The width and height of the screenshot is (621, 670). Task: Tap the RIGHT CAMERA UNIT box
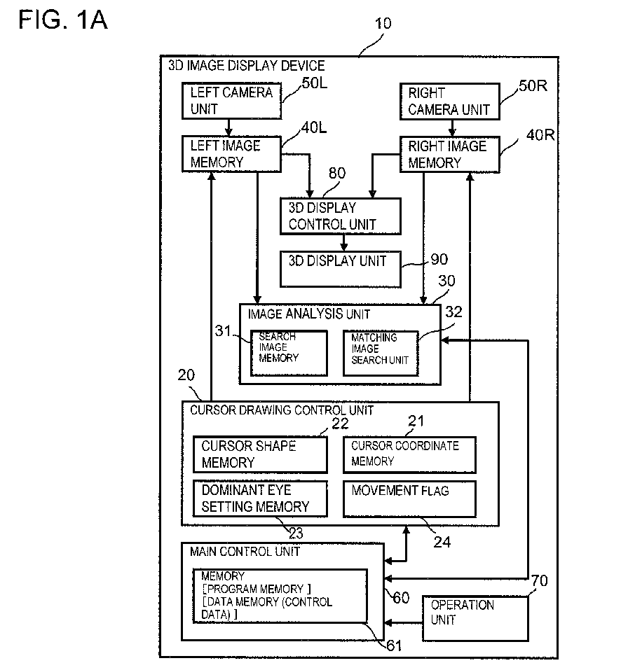[450, 101]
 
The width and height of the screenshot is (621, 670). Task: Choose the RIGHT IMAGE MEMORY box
[450, 154]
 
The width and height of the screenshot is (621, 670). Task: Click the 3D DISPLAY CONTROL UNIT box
[340, 216]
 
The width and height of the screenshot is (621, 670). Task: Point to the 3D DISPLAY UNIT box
[340, 269]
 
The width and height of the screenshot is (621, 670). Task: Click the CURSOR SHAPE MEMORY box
[260, 454]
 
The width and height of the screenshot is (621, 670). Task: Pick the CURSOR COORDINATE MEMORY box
[409, 454]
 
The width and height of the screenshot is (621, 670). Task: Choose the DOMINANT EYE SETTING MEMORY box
[260, 498]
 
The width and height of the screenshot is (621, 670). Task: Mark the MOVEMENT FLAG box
[409, 498]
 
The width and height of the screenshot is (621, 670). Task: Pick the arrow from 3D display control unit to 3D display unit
[344, 242]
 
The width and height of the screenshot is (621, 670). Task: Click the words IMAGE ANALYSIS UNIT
[308, 314]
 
